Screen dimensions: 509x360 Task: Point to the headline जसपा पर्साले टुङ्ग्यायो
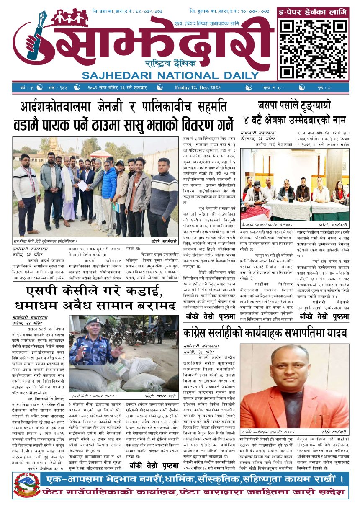tap(295, 105)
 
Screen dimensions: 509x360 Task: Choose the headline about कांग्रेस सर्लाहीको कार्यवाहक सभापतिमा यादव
tap(265, 333)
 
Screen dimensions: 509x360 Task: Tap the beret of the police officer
tap(93, 320)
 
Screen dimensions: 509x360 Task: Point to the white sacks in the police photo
tap(138, 373)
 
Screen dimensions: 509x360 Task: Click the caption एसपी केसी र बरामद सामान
tap(94, 395)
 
